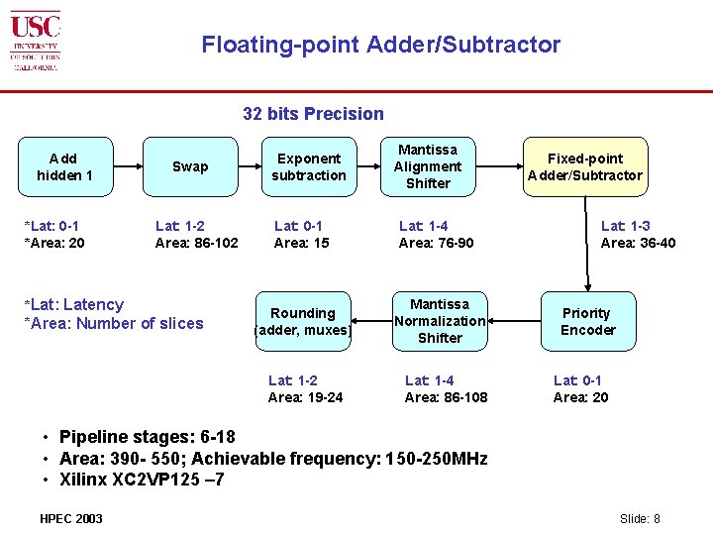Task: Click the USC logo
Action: click(36, 41)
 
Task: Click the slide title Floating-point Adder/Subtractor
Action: click(380, 45)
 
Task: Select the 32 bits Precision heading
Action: click(313, 114)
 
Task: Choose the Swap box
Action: click(190, 166)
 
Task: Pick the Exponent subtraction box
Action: click(309, 166)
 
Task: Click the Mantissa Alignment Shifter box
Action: click(428, 166)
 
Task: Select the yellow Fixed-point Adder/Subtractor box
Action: click(584, 166)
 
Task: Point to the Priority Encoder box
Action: click(587, 321)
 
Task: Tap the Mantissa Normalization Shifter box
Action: click(440, 321)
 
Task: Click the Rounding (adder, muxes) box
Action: click(303, 321)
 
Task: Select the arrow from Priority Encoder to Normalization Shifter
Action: click(513, 321)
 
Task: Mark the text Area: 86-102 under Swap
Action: click(196, 243)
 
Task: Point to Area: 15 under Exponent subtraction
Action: click(301, 243)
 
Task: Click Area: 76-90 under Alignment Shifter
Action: click(436, 243)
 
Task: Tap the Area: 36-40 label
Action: click(638, 243)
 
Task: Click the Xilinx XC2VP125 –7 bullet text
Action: click(141, 479)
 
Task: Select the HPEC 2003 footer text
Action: click(70, 518)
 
